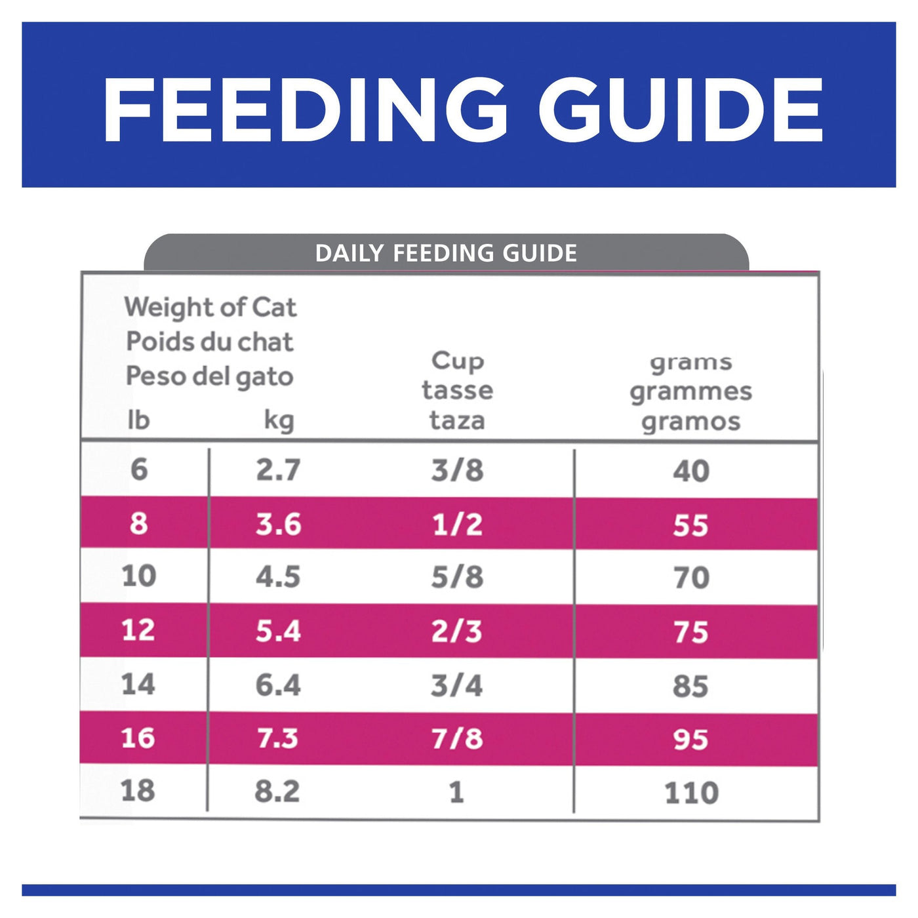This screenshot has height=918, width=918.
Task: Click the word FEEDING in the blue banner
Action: pyautogui.click(x=305, y=110)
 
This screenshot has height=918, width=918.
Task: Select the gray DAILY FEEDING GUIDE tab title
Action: pyautogui.click(x=446, y=253)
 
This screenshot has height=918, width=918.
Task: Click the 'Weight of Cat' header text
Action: pyautogui.click(x=210, y=308)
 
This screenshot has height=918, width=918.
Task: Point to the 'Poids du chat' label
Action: pyautogui.click(x=210, y=342)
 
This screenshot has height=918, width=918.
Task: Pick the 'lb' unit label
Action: pyautogui.click(x=138, y=420)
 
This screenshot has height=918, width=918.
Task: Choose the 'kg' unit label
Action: pyautogui.click(x=279, y=420)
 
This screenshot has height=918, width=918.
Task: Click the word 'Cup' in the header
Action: pyautogui.click(x=458, y=360)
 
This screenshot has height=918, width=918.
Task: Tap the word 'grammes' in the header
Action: pyautogui.click(x=690, y=391)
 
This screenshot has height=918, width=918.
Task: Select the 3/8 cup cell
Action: pyautogui.click(x=457, y=470)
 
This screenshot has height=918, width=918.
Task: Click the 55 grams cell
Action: pyautogui.click(x=690, y=525)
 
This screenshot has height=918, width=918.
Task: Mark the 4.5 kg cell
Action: pyautogui.click(x=278, y=577)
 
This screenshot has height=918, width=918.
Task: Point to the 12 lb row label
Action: pyautogui.click(x=138, y=630)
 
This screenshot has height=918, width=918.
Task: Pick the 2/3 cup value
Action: pyautogui.click(x=456, y=631)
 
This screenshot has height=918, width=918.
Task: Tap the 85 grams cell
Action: pyautogui.click(x=690, y=686)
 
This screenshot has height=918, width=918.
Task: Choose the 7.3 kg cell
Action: pyautogui.click(x=277, y=738)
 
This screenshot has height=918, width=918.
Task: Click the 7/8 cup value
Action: pyautogui.click(x=457, y=739)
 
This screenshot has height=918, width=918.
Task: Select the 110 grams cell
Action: pyautogui.click(x=691, y=793)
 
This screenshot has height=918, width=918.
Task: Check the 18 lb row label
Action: pyautogui.click(x=138, y=791)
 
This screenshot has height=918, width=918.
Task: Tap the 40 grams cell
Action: pyautogui.click(x=690, y=471)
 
